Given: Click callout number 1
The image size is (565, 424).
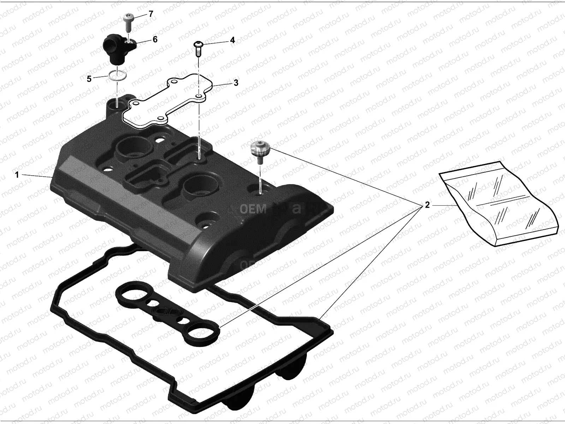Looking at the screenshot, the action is (16, 175).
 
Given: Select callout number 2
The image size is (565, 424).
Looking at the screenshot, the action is (427, 205).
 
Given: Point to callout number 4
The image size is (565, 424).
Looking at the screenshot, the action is (232, 40).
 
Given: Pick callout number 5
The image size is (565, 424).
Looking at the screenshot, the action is (89, 79).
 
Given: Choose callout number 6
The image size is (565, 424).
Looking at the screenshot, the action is (155, 39).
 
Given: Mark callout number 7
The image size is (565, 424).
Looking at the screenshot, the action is (151, 14).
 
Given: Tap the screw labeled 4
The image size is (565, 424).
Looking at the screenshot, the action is (198, 49).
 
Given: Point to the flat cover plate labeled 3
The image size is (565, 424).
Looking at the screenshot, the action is (166, 102).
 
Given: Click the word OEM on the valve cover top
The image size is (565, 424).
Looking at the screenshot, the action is (253, 209).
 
